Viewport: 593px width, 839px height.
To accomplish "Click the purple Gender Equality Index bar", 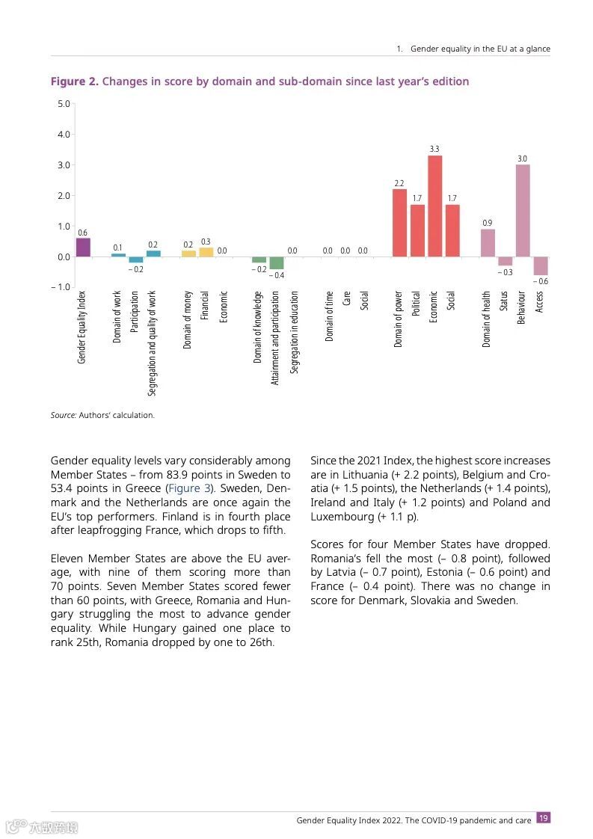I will (83, 248).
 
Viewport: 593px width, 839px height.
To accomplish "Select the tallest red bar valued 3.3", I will (434, 206).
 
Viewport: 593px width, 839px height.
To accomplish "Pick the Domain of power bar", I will (399, 223).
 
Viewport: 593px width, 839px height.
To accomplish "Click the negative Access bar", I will (541, 265).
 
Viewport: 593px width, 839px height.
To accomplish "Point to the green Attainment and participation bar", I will (276, 262).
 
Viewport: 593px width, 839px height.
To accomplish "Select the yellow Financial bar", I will (206, 252).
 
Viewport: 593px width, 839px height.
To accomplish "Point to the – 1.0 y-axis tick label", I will (60, 287).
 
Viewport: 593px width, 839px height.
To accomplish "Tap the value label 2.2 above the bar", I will (399, 183).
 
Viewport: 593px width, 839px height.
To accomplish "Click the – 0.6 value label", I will (541, 281).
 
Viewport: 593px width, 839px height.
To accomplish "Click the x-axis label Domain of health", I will (487, 319).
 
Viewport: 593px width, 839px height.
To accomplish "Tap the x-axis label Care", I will (346, 301).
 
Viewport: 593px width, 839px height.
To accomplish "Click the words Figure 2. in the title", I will (74, 82).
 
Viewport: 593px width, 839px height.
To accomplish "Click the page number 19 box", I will (544, 818).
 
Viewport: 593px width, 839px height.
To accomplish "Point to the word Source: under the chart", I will (64, 415).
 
